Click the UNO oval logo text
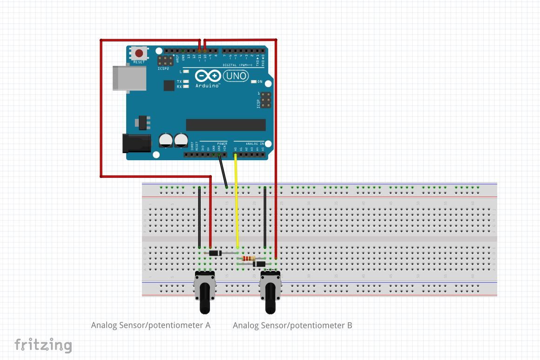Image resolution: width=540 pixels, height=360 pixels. point(236,75)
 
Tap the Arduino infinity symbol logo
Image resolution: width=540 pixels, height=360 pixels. point(208,76)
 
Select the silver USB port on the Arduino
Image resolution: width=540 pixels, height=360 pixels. point(128,77)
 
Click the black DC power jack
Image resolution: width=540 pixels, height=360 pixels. point(136,143)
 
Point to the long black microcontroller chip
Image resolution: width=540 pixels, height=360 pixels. point(226,125)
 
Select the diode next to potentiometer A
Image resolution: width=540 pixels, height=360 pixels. point(215,253)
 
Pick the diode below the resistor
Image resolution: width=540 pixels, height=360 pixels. point(259,264)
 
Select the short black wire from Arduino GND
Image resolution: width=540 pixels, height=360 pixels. point(223,172)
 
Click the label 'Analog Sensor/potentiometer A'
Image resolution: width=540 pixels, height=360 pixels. point(151,325)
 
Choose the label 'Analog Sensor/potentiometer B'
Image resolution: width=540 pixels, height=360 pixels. point(292,325)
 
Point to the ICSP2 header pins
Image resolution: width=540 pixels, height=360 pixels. point(165,61)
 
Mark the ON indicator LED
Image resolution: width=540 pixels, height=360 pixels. point(254,82)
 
